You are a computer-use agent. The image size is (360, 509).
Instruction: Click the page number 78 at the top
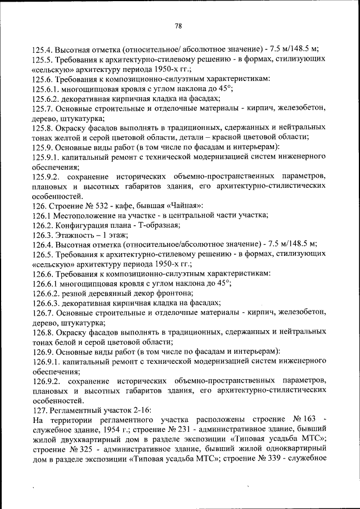(178, 26)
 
